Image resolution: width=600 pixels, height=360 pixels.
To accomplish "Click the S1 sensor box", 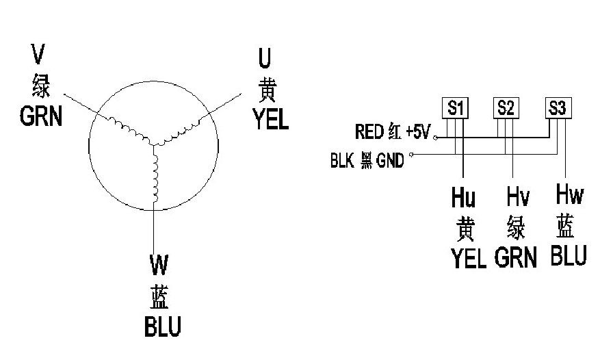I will (456, 107).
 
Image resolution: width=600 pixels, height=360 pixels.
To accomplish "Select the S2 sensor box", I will (505, 107).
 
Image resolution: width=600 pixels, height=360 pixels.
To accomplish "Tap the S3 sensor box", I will (558, 107).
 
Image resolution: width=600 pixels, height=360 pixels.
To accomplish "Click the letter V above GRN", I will (40, 53).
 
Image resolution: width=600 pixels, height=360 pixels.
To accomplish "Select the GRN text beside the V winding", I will (40, 116).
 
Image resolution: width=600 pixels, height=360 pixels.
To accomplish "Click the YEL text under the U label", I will (270, 120).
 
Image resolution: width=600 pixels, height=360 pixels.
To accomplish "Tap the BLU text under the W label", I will (163, 326).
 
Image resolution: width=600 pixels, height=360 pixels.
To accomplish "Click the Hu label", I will (463, 198).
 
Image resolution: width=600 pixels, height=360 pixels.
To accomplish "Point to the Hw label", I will (569, 195).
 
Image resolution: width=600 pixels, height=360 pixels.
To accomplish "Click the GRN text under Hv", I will (514, 257).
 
